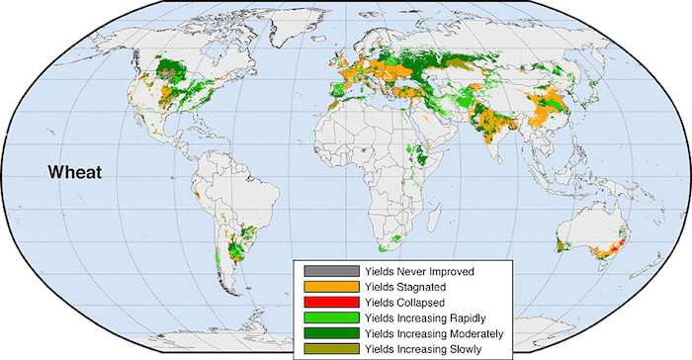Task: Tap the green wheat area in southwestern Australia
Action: tap(562, 242)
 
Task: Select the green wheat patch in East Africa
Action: tap(422, 155)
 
